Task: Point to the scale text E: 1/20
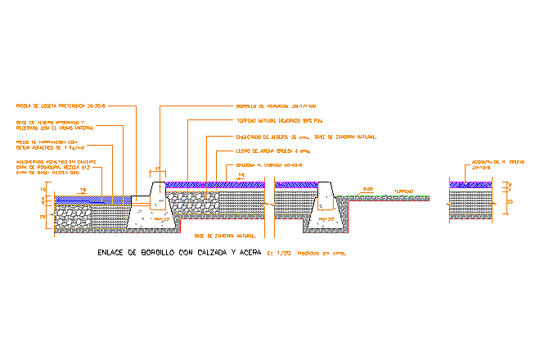click(281, 253)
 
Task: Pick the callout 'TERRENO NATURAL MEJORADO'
click(274, 120)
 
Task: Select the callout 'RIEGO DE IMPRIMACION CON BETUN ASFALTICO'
click(49, 146)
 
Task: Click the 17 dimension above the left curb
click(157, 169)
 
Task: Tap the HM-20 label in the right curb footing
click(326, 219)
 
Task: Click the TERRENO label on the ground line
click(404, 192)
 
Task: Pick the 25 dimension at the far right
click(511, 200)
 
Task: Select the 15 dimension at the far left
click(43, 189)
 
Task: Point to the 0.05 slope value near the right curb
click(368, 189)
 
